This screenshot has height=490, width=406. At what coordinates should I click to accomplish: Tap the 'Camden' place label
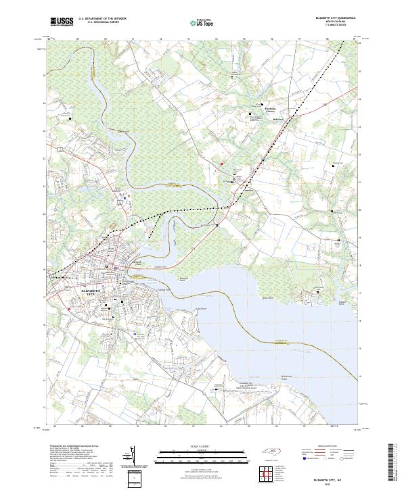point(248,190)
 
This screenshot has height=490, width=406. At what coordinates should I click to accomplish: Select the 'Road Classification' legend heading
point(324,447)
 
